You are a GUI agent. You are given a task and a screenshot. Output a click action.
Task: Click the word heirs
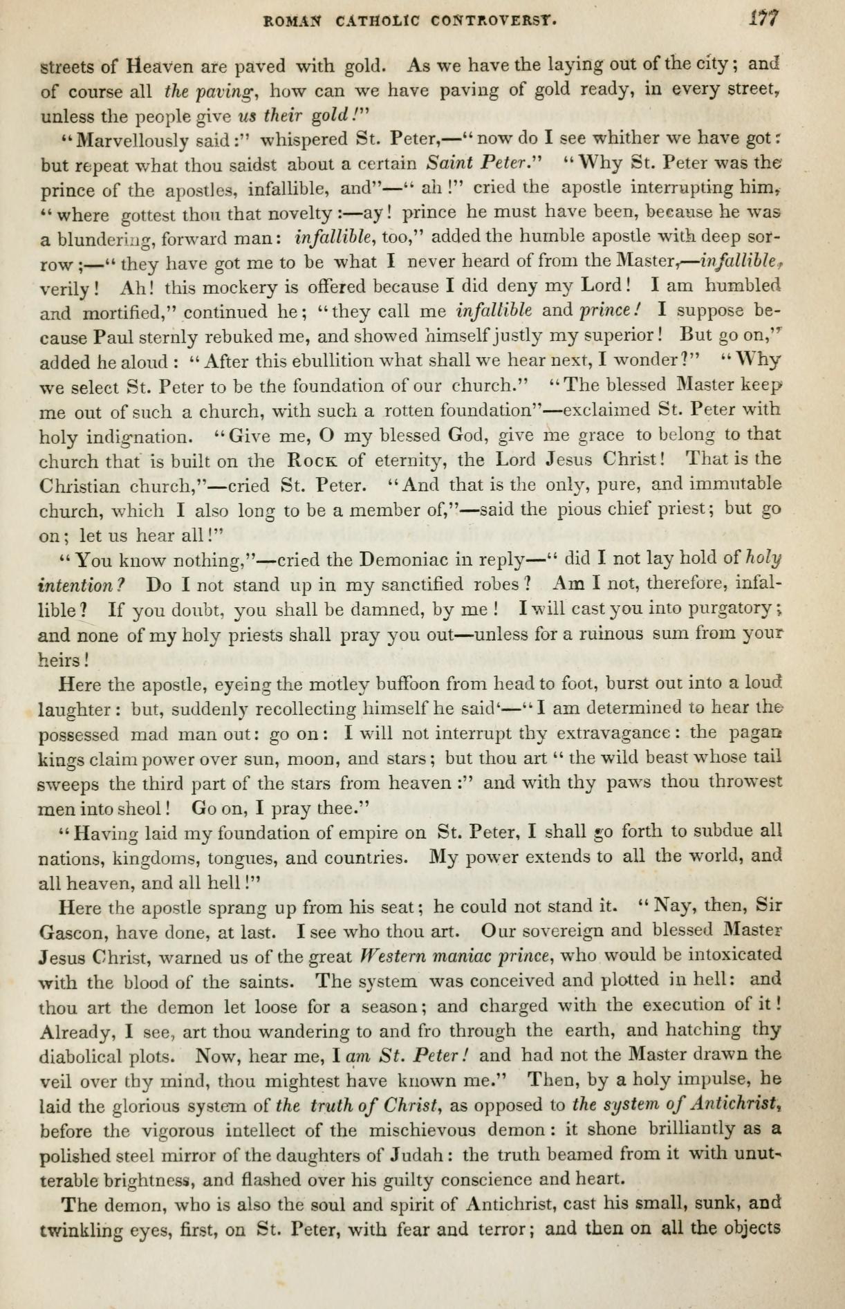(59, 660)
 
